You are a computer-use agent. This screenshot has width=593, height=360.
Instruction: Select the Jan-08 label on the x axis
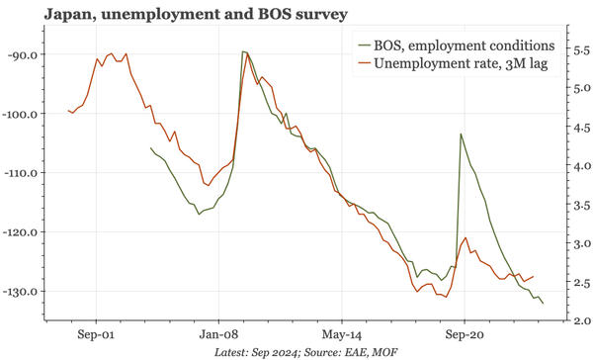(x=218, y=334)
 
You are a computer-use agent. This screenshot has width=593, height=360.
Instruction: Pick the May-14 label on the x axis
(x=341, y=334)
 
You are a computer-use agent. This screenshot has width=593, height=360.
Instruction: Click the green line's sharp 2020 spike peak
(x=461, y=134)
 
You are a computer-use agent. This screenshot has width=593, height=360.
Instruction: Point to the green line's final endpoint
(x=543, y=303)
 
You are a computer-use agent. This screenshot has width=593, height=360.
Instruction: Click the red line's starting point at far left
(x=68, y=111)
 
